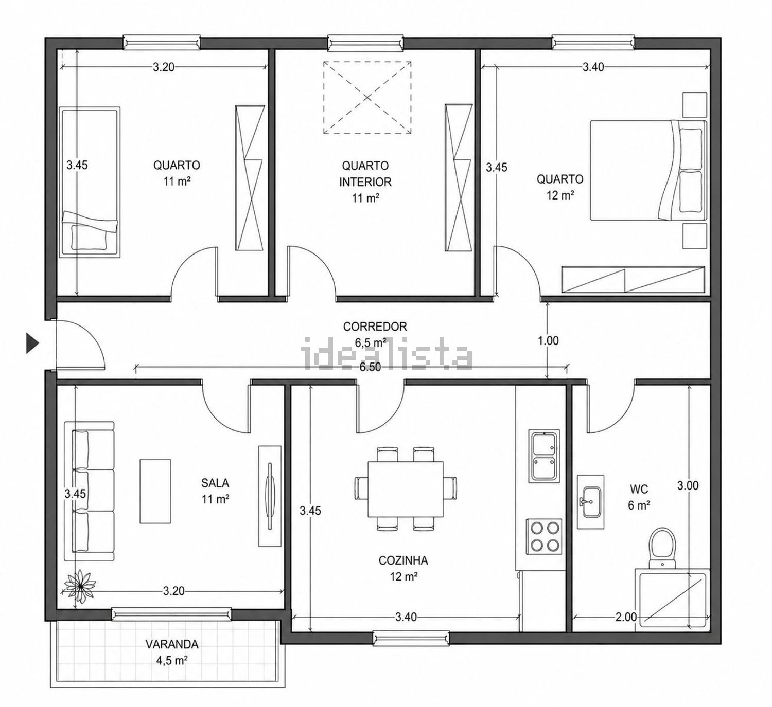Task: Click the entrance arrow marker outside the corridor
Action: pyautogui.click(x=32, y=343)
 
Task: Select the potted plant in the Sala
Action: pyautogui.click(x=80, y=586)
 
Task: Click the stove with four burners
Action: pyautogui.click(x=544, y=537)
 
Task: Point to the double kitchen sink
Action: pyautogui.click(x=543, y=456)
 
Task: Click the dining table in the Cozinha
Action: pyautogui.click(x=405, y=490)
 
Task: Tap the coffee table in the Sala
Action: pyautogui.click(x=155, y=491)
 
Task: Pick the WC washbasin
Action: pyautogui.click(x=590, y=502)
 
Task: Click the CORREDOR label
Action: pyautogui.click(x=375, y=327)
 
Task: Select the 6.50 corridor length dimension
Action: pyautogui.click(x=370, y=367)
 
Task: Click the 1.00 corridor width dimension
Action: pyautogui.click(x=548, y=340)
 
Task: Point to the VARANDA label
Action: pyautogui.click(x=171, y=644)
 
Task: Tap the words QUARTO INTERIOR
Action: pyautogui.click(x=365, y=173)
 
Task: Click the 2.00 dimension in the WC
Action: pyautogui.click(x=626, y=617)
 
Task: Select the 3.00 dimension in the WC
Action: pyautogui.click(x=688, y=485)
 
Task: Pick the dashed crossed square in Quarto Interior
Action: pyautogui.click(x=367, y=98)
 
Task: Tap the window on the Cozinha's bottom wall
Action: pyautogui.click(x=411, y=638)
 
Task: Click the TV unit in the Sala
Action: pyautogui.click(x=270, y=496)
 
